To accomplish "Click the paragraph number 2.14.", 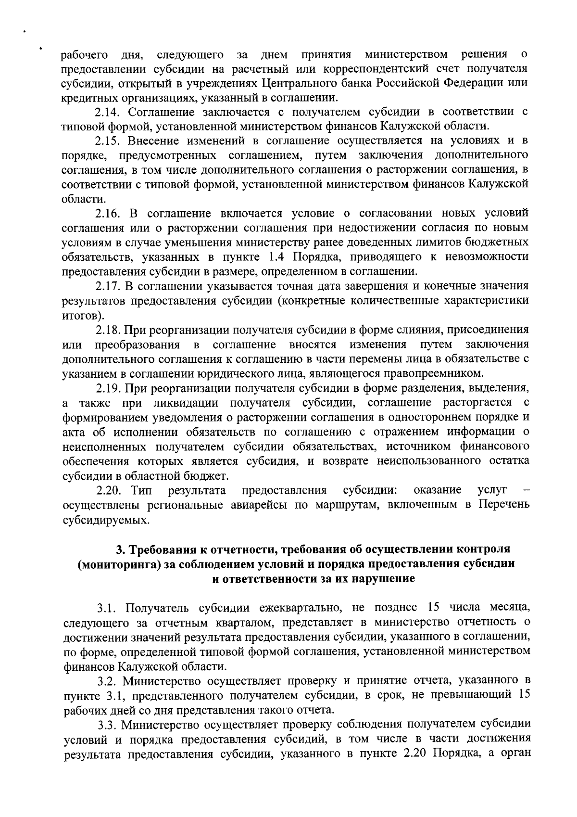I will point(105,112).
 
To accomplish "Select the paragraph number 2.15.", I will point(105,140).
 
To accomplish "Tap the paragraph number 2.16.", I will point(105,213).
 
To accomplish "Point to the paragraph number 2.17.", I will point(106,286).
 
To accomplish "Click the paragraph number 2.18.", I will point(106,330).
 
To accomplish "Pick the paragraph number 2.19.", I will point(106,388).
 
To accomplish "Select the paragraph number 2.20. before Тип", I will point(108,490).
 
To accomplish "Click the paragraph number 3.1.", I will point(105,608).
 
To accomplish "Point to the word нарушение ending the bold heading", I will point(384,578).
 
